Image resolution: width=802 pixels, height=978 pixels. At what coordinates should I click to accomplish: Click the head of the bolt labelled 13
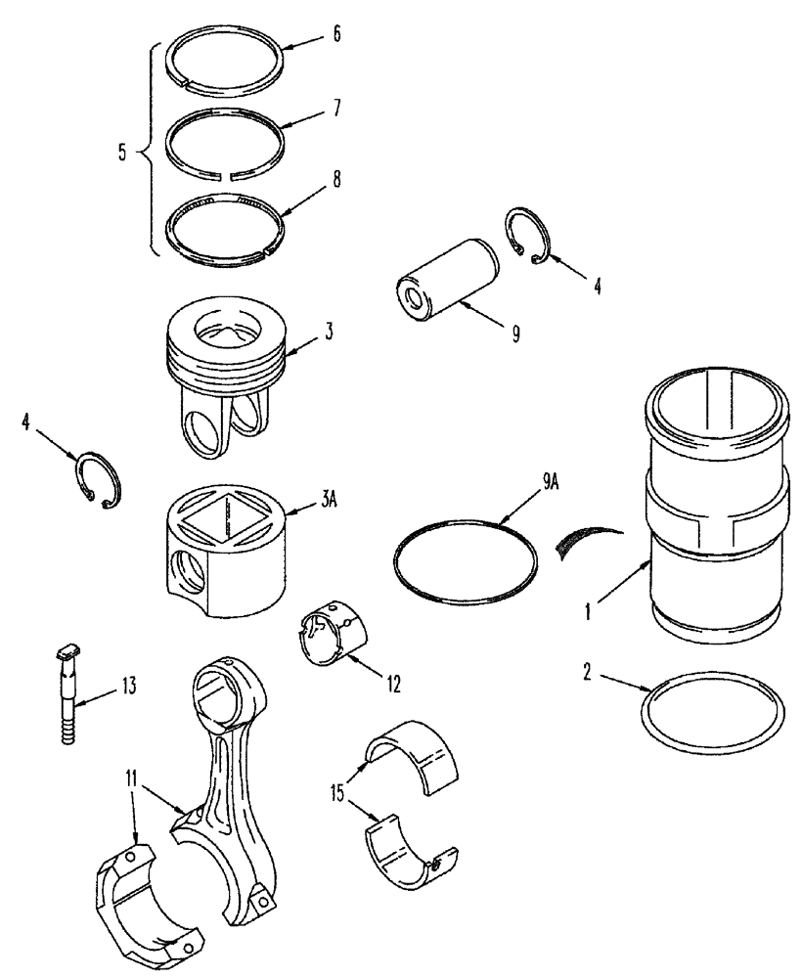pos(67,651)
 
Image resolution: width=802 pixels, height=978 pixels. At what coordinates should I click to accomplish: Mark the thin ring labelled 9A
pos(465,559)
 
